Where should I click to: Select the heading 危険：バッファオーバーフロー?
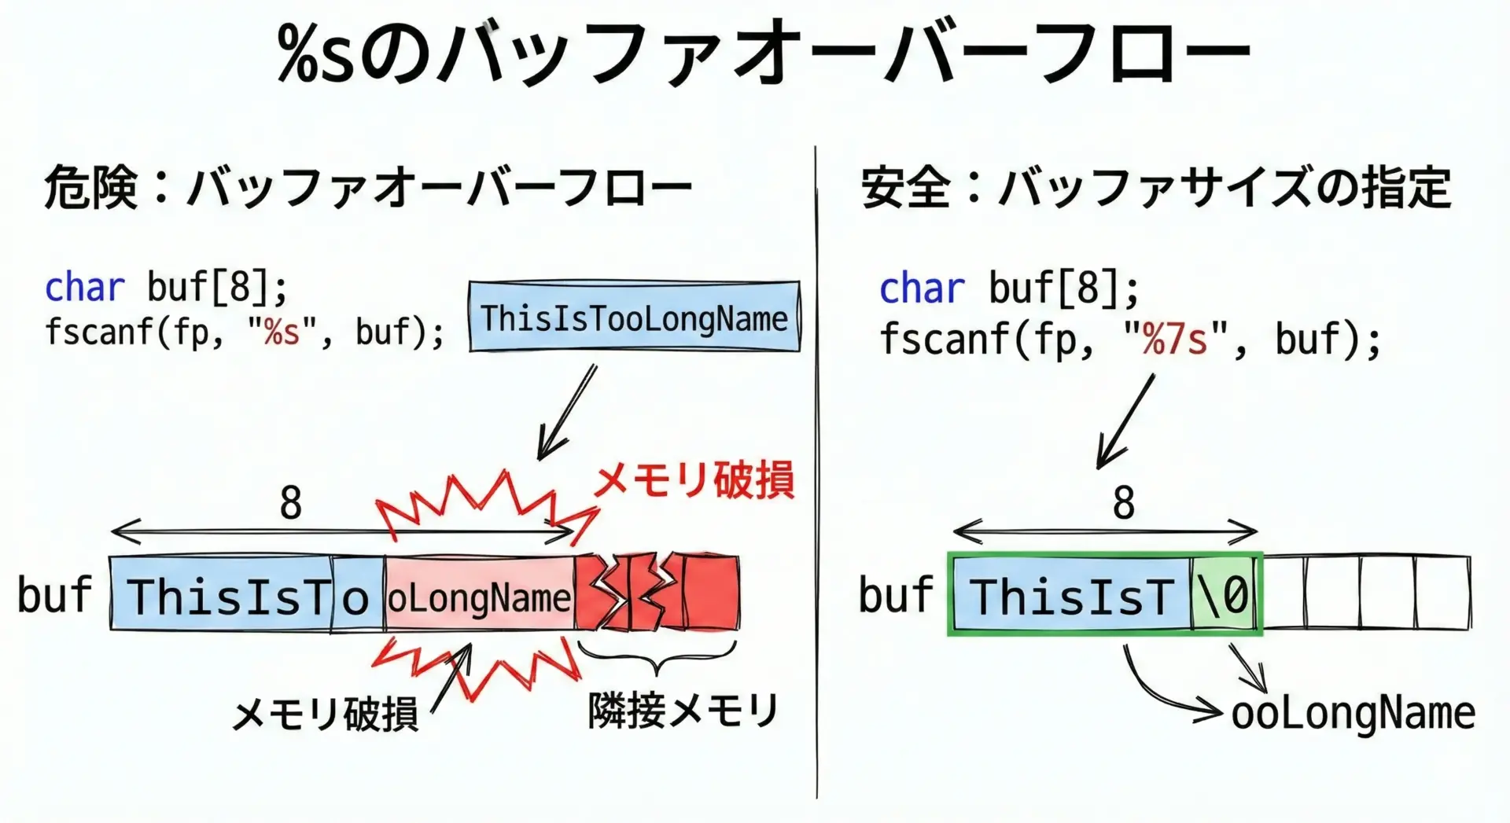[x=368, y=189]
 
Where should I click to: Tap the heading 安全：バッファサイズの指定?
[x=1156, y=189]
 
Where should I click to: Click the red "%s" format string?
[x=282, y=332]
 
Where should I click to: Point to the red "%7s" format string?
[x=1174, y=340]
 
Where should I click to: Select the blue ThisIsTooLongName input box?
[x=634, y=316]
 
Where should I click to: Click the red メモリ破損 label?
[x=694, y=479]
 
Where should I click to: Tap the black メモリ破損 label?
[x=325, y=714]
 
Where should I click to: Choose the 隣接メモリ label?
[x=683, y=711]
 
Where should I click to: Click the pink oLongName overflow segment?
[x=479, y=593]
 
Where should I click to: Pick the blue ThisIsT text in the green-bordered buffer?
[x=1071, y=596]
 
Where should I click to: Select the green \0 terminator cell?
[x=1225, y=594]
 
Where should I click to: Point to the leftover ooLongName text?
[x=1353, y=714]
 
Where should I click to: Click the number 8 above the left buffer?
[x=290, y=503]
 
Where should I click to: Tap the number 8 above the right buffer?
[x=1124, y=503]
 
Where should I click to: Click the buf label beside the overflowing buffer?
[x=54, y=594]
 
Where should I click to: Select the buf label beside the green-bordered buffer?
[x=896, y=594]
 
